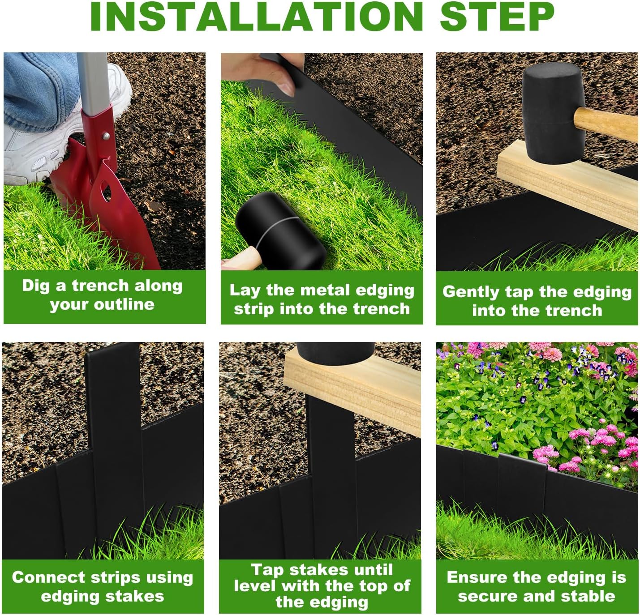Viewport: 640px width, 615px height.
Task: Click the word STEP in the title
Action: [x=497, y=17]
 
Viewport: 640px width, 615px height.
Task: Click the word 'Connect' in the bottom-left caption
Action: [x=47, y=577]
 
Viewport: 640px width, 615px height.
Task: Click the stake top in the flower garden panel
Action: [x=521, y=461]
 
